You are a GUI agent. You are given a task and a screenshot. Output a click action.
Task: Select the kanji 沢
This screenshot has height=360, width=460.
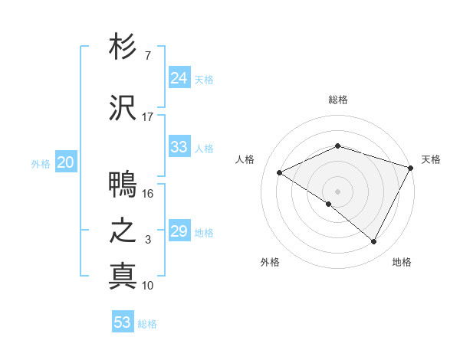[x=123, y=109]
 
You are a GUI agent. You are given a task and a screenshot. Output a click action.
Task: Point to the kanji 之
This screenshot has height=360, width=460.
[x=123, y=231]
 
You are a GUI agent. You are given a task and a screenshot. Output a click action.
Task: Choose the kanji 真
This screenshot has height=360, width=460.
[x=123, y=276]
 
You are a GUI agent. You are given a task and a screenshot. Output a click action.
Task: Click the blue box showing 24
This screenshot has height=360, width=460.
[x=179, y=78]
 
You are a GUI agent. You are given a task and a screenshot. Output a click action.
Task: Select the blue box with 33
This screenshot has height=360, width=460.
[x=179, y=147]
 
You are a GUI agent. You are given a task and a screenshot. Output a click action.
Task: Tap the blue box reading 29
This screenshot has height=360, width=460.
[x=179, y=231]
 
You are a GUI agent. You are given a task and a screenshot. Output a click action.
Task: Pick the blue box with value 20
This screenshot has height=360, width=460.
[x=65, y=162]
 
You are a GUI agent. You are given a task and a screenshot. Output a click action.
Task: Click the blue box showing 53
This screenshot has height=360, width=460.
[x=123, y=322]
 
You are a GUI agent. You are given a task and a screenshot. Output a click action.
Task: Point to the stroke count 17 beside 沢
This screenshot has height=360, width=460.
[x=148, y=117]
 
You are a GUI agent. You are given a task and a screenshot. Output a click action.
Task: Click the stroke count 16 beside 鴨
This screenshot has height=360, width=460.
[x=148, y=194]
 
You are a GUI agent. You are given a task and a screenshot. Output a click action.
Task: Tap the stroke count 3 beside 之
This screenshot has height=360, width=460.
[x=148, y=240]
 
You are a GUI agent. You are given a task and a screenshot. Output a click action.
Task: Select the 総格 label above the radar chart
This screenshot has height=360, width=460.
[x=337, y=100]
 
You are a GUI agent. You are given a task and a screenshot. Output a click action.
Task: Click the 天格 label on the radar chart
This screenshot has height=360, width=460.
[x=431, y=159]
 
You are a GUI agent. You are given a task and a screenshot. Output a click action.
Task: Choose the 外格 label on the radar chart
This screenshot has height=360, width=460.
[x=270, y=263]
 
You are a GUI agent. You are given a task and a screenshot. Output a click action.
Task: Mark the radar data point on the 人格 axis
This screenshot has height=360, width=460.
[x=280, y=173]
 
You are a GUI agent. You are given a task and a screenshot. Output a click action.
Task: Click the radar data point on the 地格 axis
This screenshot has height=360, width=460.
[x=374, y=242]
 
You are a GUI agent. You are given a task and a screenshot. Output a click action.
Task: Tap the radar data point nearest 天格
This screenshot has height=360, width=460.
[x=412, y=168]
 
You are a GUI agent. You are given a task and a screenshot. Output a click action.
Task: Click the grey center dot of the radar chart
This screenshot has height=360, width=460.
[x=337, y=191]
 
